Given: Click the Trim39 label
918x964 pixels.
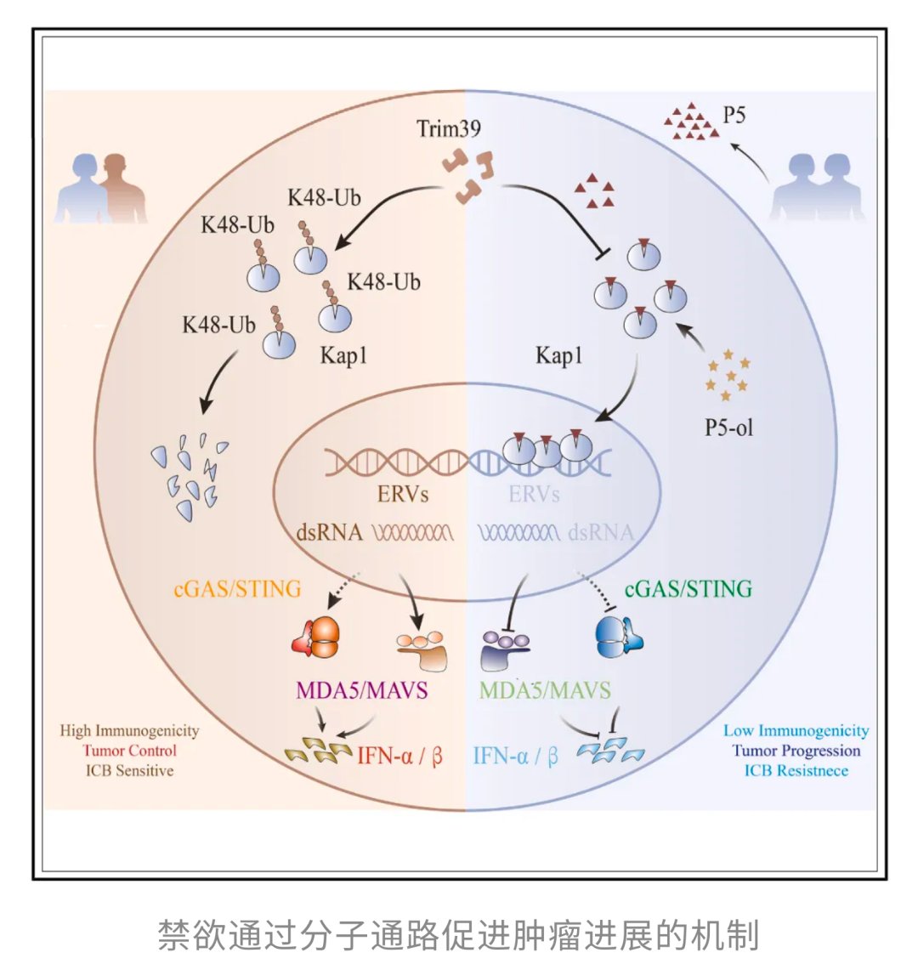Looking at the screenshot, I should tap(449, 129).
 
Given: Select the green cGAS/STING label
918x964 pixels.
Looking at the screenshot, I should tap(688, 588).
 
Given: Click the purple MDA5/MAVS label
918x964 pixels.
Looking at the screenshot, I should tap(361, 689).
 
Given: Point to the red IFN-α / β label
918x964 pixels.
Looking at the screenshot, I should tap(399, 755).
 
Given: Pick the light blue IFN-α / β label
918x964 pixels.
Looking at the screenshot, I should tap(515, 755).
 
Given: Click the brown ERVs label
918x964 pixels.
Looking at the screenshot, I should tap(403, 493).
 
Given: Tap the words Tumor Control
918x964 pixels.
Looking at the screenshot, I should tap(129, 750).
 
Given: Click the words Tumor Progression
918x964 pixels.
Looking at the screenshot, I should tap(796, 750).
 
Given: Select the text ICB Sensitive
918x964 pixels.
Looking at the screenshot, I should tap(129, 770).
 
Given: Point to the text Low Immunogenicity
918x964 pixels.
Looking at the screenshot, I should tap(796, 730).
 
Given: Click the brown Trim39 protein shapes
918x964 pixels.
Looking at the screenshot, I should tap(466, 174).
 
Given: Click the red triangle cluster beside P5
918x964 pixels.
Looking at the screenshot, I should tap(690, 122).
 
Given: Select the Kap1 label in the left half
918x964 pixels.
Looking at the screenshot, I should tap(343, 354).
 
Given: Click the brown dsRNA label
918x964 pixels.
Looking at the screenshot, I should tap(329, 533).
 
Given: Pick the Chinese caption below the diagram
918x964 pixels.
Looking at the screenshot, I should tap(458, 934).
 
